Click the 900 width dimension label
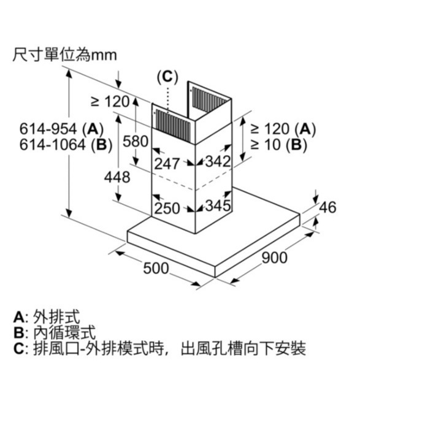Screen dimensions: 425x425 274,258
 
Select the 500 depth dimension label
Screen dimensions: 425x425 156,268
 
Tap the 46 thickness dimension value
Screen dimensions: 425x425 328,207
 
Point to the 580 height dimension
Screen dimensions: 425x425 136,141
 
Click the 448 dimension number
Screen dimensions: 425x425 117,177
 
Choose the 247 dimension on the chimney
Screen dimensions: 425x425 167,163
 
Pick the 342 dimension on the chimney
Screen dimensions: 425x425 217,162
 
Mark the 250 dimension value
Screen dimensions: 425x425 167,208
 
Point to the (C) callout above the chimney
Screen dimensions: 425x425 167,77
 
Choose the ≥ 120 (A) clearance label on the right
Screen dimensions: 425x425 281,129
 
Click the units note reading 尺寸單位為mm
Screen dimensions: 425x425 64,55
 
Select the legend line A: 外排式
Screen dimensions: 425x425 47,317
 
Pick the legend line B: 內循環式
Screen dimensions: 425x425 55,333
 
